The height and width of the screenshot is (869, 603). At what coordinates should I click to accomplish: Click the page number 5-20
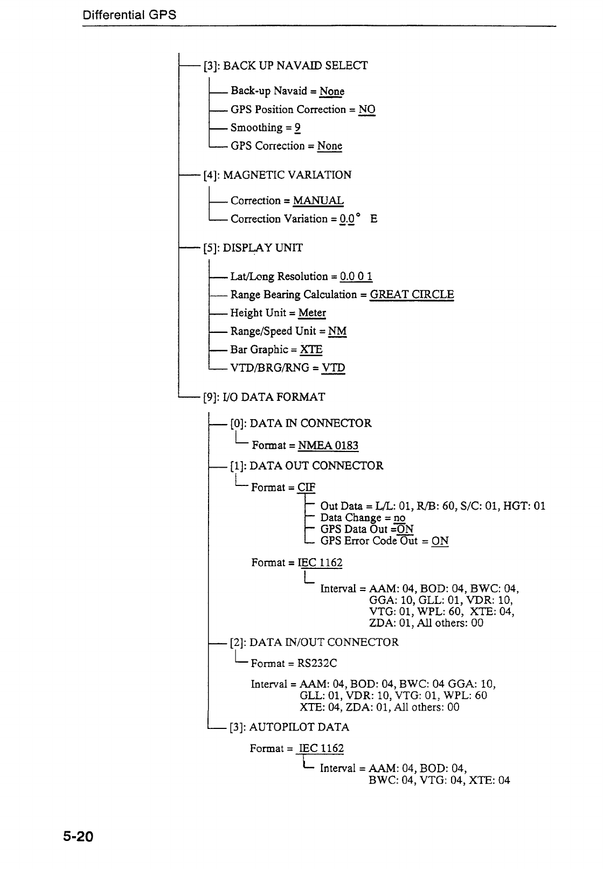78,837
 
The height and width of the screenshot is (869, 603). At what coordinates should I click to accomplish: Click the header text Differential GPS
129,15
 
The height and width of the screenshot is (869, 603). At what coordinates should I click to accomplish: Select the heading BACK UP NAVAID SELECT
295,66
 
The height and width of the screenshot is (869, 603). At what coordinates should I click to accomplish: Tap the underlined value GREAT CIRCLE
412,295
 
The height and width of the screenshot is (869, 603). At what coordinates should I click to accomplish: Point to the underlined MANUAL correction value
318,201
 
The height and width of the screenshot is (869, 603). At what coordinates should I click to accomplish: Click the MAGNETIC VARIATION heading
287,175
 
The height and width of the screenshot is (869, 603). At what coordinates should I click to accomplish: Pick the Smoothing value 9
297,128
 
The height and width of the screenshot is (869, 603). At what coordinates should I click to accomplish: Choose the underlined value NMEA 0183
328,446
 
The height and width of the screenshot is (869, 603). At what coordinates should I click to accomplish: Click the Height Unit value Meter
312,313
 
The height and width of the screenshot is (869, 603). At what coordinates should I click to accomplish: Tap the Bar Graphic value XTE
311,350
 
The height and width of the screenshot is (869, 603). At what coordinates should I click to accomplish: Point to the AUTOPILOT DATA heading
299,727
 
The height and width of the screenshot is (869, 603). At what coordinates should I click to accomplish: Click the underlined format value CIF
307,488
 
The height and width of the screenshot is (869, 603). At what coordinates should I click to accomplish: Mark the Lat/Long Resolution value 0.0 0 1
356,276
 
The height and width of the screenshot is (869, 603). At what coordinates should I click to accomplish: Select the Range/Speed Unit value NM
337,331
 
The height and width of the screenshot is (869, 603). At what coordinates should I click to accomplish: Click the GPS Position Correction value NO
366,109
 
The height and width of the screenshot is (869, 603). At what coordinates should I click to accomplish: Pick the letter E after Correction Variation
374,219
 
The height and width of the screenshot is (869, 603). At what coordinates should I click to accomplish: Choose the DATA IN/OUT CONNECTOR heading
324,642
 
